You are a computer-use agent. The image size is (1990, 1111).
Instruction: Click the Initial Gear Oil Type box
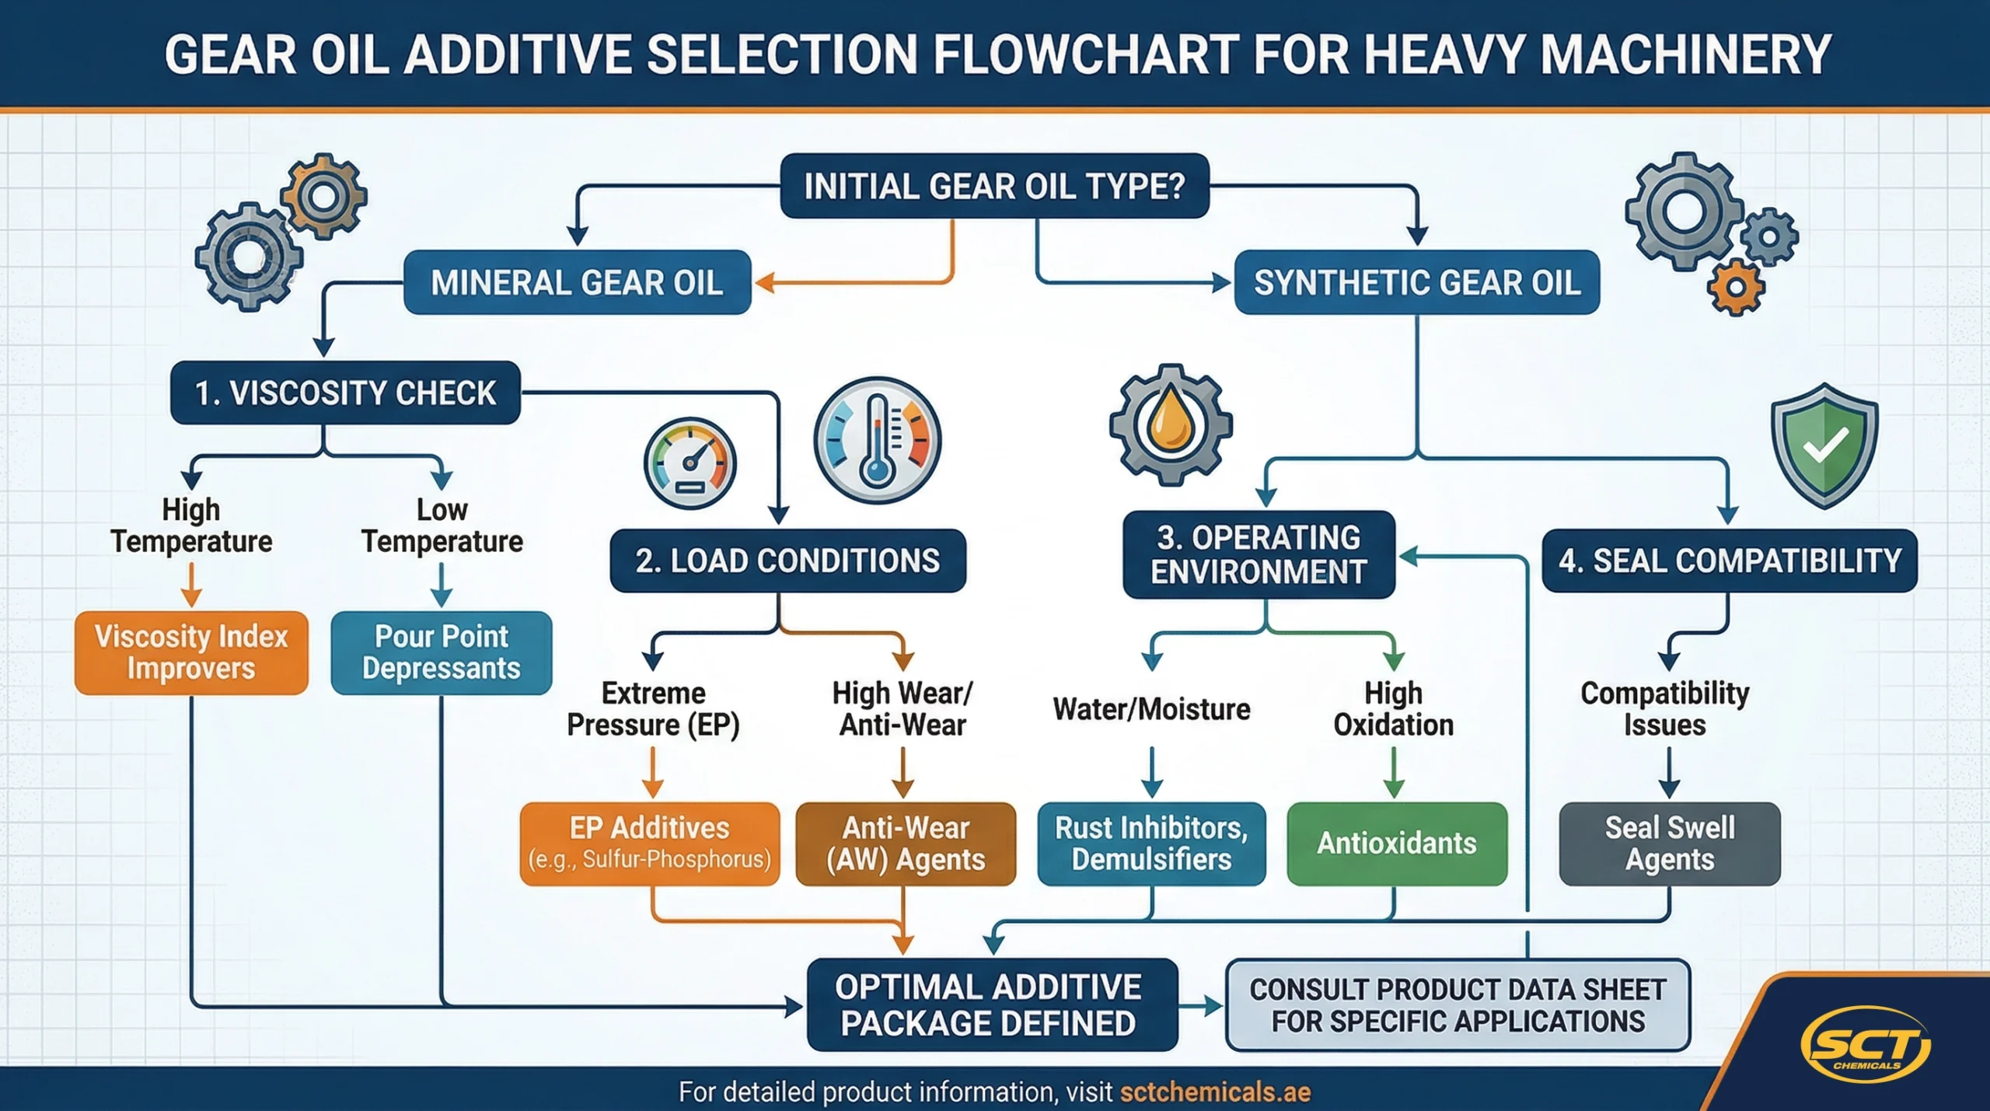(994, 187)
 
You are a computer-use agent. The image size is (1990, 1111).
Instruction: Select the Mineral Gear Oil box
(577, 282)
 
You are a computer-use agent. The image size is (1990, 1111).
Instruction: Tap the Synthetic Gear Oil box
(1416, 282)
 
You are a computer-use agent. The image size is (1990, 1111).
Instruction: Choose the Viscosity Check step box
(345, 393)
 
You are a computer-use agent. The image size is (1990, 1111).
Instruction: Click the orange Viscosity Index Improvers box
(191, 652)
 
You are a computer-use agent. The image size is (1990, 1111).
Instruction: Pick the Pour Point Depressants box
(442, 652)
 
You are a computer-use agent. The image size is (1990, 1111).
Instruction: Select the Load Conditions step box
(787, 561)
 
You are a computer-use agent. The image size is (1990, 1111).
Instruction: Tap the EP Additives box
(650, 844)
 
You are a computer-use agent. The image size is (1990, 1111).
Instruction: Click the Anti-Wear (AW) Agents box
(906, 844)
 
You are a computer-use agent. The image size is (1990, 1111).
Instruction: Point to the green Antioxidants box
(1397, 844)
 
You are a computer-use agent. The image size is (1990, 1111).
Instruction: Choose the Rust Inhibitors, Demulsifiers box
(1151, 844)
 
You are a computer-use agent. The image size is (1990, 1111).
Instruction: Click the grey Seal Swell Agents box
(1670, 844)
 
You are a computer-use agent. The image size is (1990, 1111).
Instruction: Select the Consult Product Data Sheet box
(1458, 1004)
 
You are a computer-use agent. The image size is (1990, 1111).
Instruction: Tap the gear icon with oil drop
(1171, 424)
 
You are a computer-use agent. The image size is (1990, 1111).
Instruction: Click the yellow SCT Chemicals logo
(1866, 1044)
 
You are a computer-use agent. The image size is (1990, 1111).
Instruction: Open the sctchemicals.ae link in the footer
(1215, 1092)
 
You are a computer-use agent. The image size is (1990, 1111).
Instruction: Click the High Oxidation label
(1394, 709)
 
